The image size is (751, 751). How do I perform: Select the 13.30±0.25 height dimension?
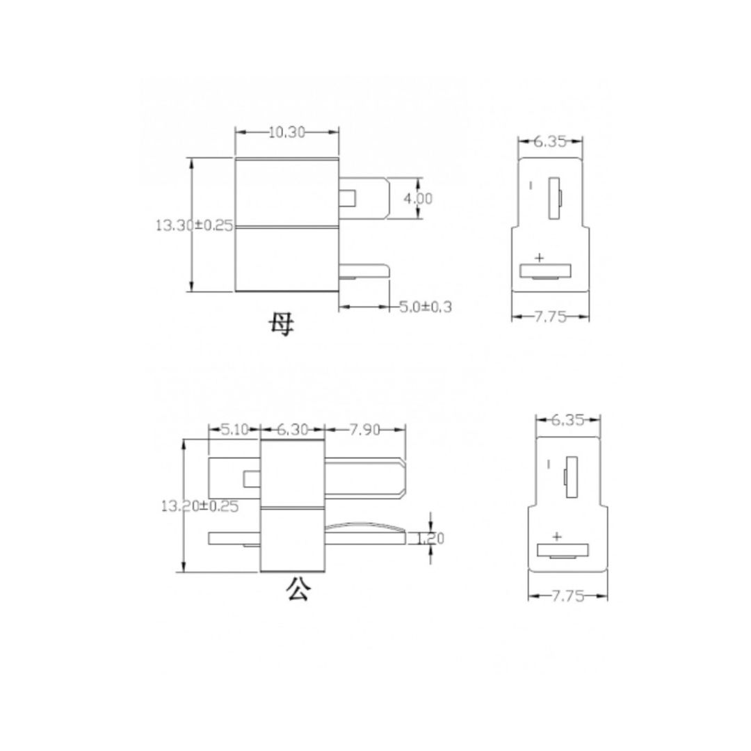pos(193,226)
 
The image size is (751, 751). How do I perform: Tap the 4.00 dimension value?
pos(419,199)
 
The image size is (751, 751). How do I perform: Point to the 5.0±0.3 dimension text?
pos(425,306)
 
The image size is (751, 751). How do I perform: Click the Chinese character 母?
pos(282,324)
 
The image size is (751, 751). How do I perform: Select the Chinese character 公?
pos(298,590)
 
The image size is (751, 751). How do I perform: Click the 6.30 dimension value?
pos(292,430)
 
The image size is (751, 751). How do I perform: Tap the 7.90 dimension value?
pos(364,430)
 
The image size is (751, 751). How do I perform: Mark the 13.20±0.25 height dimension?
pos(199,506)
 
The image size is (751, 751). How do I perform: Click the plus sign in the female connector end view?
pos(539,258)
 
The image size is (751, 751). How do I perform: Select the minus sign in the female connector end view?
pos(531,185)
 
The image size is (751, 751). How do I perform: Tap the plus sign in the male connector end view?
pos(556,536)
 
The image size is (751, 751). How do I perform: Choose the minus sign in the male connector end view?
pos(549,463)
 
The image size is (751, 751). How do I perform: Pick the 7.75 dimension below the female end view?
pos(549,317)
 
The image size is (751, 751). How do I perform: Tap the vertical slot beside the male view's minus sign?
pos(571,477)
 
